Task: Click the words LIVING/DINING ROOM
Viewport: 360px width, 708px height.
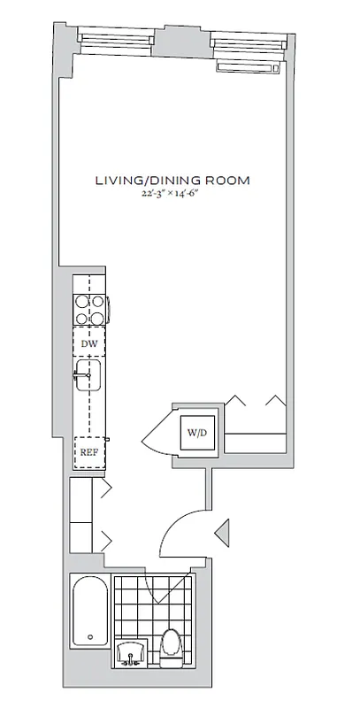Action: [172, 181]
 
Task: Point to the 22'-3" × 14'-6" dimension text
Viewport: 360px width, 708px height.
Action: [172, 194]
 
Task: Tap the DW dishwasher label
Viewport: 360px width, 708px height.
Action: [88, 344]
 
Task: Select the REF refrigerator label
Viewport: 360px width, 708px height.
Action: [88, 452]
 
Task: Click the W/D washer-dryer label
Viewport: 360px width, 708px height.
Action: [195, 433]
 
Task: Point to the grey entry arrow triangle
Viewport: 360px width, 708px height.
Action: [223, 531]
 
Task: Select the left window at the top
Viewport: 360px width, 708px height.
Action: [119, 38]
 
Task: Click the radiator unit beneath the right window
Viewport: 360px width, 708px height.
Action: [249, 66]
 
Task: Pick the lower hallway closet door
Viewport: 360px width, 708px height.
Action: [104, 537]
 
